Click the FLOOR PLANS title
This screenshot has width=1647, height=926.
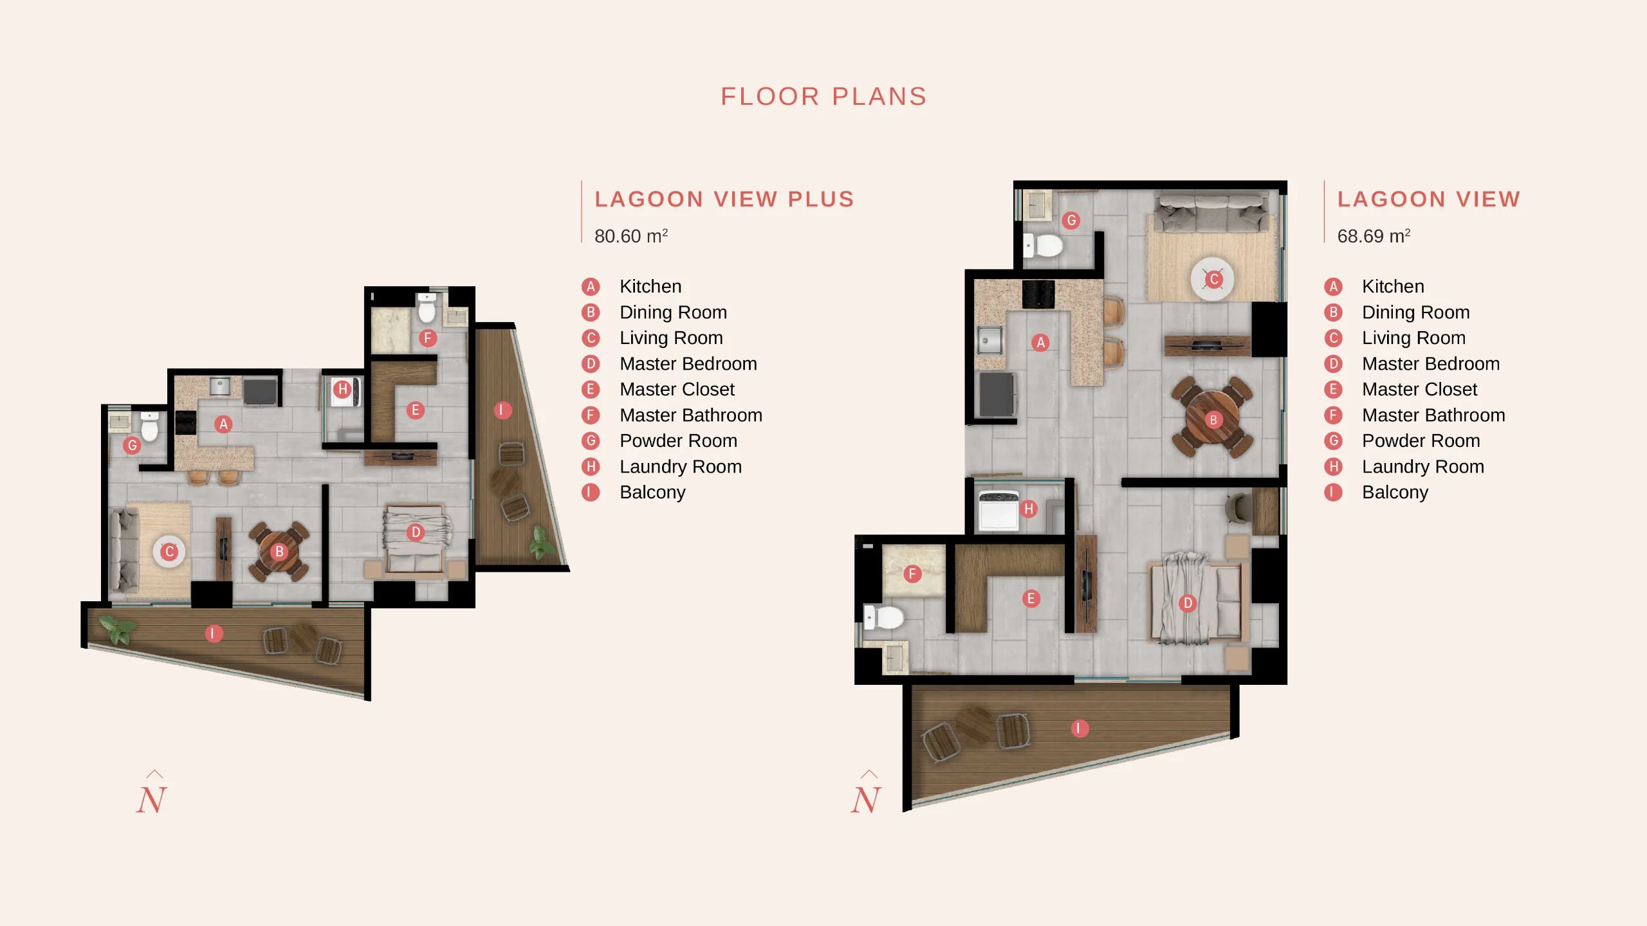click(823, 96)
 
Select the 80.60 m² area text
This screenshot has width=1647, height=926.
click(631, 236)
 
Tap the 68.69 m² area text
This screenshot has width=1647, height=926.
click(1374, 236)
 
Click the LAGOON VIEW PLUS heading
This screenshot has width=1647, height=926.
click(724, 199)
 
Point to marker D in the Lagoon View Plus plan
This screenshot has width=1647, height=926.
click(416, 532)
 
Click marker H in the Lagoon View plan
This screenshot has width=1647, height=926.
click(1029, 509)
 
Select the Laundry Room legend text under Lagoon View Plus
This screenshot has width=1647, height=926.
click(681, 466)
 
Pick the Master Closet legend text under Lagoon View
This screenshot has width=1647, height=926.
click(1419, 389)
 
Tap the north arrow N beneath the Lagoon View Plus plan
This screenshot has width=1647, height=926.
click(152, 794)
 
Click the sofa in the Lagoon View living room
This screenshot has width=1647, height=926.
click(1210, 213)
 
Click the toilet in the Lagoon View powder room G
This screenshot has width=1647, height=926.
click(1044, 245)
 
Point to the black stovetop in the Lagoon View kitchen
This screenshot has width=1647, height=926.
click(1038, 294)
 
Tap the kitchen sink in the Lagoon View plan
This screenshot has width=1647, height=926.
click(989, 340)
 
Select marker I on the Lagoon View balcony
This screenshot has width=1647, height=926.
click(1080, 728)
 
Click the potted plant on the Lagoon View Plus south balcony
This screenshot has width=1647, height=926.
click(117, 628)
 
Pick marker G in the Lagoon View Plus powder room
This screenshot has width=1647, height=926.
click(132, 445)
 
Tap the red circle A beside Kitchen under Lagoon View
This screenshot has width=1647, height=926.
click(1333, 287)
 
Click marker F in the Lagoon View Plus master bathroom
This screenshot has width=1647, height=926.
click(428, 338)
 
